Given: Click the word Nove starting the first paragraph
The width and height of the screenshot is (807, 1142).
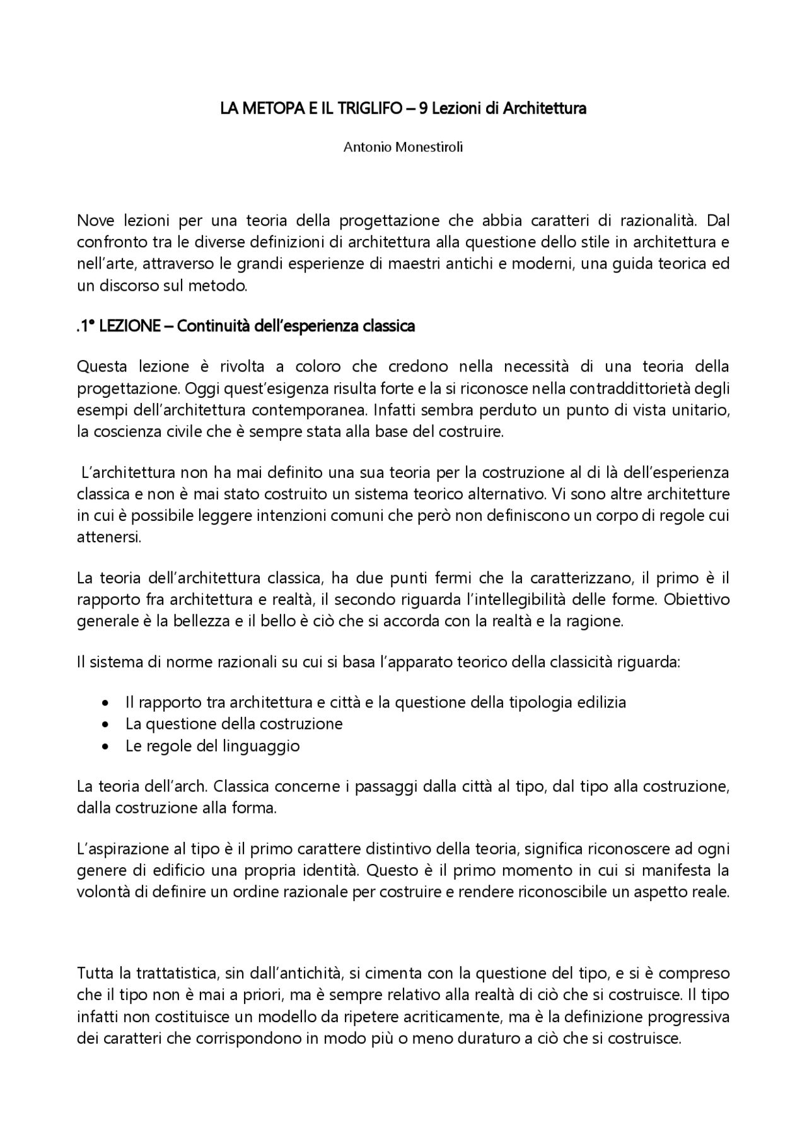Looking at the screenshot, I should pyautogui.click(x=94, y=221).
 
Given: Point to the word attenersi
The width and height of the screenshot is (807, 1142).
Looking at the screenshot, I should pyautogui.click(x=108, y=538).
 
